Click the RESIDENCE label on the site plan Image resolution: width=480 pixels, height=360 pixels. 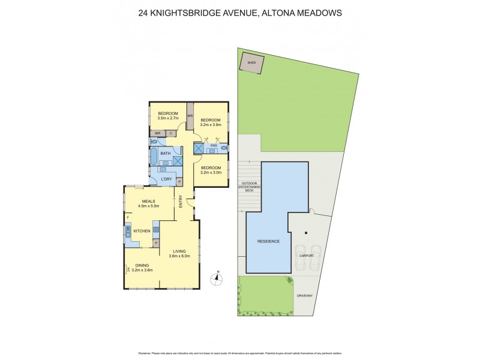268,241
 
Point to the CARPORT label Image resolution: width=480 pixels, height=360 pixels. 306,255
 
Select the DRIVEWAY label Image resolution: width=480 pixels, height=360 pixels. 305,296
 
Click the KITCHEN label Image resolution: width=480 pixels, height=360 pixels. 141,231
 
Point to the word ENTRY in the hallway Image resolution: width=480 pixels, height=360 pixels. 180,203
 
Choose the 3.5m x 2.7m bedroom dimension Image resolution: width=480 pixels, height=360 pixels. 168,119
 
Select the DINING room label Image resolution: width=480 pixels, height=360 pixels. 142,265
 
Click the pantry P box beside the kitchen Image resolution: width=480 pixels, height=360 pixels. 156,243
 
